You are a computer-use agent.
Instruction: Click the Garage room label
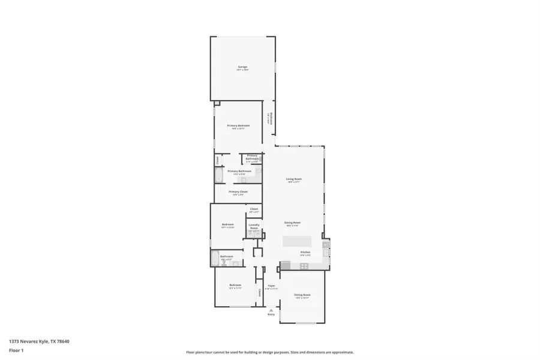242,67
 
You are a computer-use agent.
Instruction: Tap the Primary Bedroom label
238,126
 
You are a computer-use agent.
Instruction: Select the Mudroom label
271,119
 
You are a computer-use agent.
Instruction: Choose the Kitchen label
305,253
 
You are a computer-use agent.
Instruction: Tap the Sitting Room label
302,295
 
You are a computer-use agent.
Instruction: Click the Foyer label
271,286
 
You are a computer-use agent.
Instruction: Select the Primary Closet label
238,192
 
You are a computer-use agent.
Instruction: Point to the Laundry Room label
254,227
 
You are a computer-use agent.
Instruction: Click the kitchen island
298,241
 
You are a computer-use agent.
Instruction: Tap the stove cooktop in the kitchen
304,265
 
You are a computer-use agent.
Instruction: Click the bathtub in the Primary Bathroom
219,175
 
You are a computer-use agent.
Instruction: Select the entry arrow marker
271,310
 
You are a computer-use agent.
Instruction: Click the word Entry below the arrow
271,314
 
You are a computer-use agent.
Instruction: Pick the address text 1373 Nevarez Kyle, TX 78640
38,341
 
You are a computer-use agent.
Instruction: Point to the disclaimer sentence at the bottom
269,352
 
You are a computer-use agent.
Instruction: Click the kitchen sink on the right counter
326,244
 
